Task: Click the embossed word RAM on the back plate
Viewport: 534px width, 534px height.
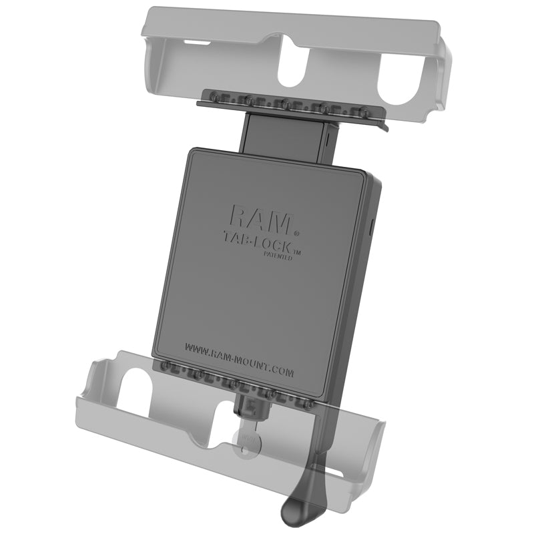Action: [x=260, y=217]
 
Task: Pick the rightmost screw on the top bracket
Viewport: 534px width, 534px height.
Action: [x=364, y=110]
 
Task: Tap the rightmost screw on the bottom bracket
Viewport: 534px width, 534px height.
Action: [x=308, y=404]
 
